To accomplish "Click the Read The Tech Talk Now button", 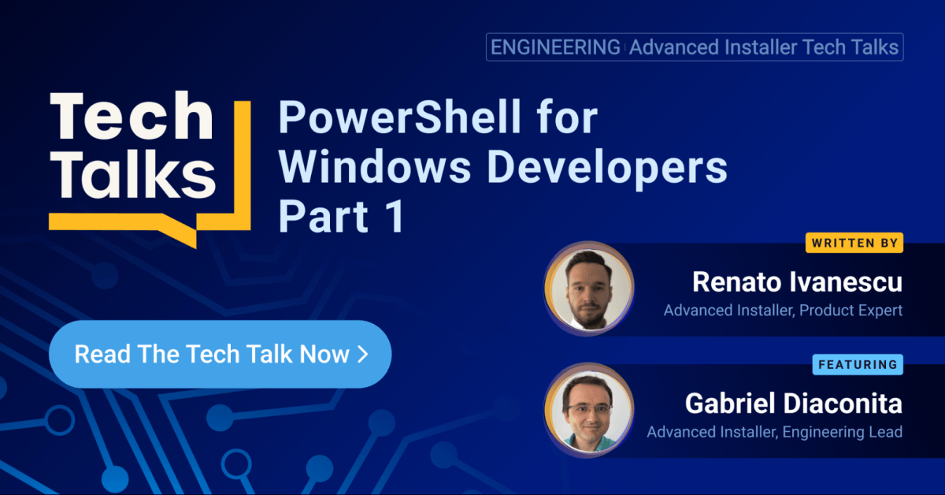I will click(220, 354).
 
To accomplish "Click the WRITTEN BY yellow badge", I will click(854, 243).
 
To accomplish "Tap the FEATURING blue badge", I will click(858, 365).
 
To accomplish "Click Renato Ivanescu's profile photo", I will click(588, 288).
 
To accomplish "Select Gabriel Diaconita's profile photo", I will click(588, 410).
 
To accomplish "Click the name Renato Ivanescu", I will click(797, 282).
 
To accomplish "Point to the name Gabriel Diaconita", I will click(794, 404).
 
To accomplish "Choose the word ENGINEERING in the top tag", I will click(555, 47).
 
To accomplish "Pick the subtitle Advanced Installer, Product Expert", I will click(783, 311).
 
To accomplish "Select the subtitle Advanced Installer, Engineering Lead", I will click(775, 432).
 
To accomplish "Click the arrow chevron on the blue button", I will click(363, 355).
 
